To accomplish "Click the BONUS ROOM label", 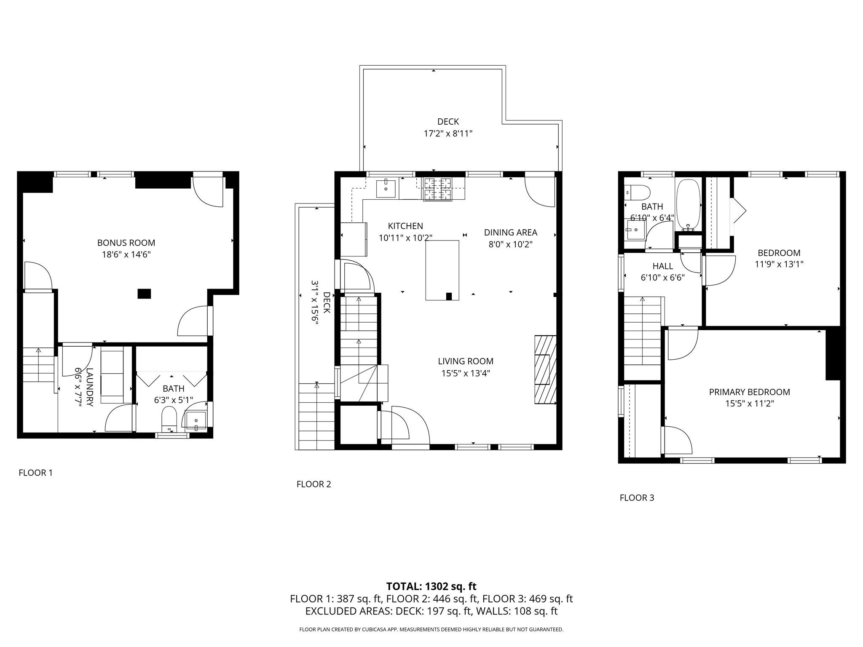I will pos(126,243).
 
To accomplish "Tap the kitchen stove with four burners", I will pos(437,188).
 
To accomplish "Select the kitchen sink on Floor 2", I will pos(386,189).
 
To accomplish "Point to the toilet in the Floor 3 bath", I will pos(637,192).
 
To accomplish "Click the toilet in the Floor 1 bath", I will pos(169,417).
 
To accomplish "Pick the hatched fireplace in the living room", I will pos(545,369).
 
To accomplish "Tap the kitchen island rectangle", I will pos(442,270).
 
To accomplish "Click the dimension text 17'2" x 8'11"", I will pos(448,134).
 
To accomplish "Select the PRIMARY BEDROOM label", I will pos(749,392).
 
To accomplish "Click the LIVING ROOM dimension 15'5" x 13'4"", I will pos(465,373).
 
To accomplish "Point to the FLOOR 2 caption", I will pos(314,484).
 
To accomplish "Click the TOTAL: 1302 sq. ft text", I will pos(431,586).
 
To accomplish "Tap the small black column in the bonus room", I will pos(144,294).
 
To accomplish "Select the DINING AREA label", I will pos(510,233).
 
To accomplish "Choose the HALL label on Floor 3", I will pos(662,266).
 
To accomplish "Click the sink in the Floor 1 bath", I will pos(196,420).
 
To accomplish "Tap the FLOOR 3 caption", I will pos(637,498).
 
